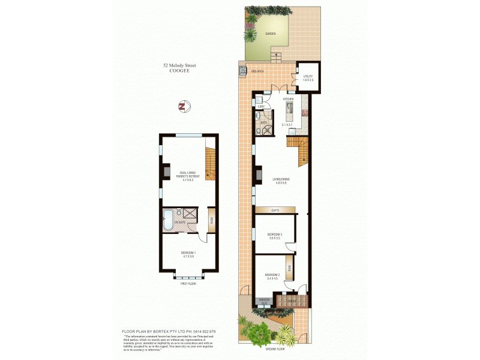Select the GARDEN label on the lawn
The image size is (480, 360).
pos(271,34)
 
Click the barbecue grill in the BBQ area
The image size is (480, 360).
pos(244,71)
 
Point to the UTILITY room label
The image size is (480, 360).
pos(308,77)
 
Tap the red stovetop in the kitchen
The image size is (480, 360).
pos(304,112)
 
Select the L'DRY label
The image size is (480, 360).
pos(261,106)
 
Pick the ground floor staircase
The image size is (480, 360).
pos(298,151)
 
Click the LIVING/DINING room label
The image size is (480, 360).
pos(280,180)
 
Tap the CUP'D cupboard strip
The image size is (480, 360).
pos(275,210)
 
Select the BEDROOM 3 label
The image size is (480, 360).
pos(274,235)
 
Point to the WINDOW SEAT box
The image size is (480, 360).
pos(263,301)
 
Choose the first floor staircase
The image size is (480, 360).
pos(210,164)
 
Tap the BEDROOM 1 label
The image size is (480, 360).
pos(188,254)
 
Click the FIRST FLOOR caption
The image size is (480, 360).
pos(188,284)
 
